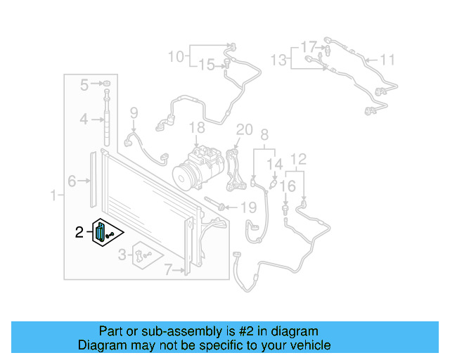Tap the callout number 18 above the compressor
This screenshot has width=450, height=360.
click(197, 127)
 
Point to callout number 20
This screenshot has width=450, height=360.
click(244, 129)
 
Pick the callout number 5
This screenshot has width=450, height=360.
click(84, 86)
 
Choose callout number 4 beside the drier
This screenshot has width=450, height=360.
click(84, 120)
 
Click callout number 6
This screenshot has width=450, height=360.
click(72, 181)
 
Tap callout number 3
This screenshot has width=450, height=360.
click(122, 254)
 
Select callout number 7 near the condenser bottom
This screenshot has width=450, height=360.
click(167, 268)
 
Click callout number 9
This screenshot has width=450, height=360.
click(134, 112)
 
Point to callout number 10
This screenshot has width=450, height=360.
click(175, 56)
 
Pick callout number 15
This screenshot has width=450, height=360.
click(206, 65)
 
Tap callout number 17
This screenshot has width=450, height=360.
click(309, 46)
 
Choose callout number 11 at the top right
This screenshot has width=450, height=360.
click(388, 59)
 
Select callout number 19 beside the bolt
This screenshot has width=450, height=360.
click(249, 207)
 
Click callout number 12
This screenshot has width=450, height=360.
click(299, 160)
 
